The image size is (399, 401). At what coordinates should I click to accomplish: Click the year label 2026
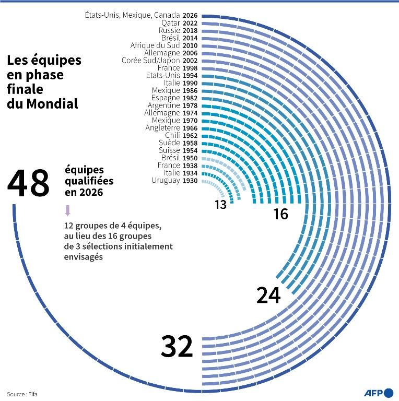point(190,16)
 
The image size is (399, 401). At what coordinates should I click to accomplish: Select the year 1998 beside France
point(190,68)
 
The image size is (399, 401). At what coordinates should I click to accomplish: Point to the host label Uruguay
point(166,180)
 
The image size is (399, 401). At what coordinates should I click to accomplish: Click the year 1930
point(190,180)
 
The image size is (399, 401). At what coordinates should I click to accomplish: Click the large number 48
point(29,183)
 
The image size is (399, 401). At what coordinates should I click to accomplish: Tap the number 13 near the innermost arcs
point(220,205)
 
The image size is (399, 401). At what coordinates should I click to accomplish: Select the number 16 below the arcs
point(280,214)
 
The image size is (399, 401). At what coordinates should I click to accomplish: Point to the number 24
point(268,296)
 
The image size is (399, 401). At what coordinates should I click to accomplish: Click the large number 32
point(177,347)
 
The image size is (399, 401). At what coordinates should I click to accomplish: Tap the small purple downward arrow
point(67,211)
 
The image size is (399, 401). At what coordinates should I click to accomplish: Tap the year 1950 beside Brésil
point(190,158)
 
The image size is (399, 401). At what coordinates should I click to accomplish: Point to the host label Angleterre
point(162,128)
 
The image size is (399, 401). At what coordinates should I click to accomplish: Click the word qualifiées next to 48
point(89,181)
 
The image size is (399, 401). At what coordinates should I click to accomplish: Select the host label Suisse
point(169,150)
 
